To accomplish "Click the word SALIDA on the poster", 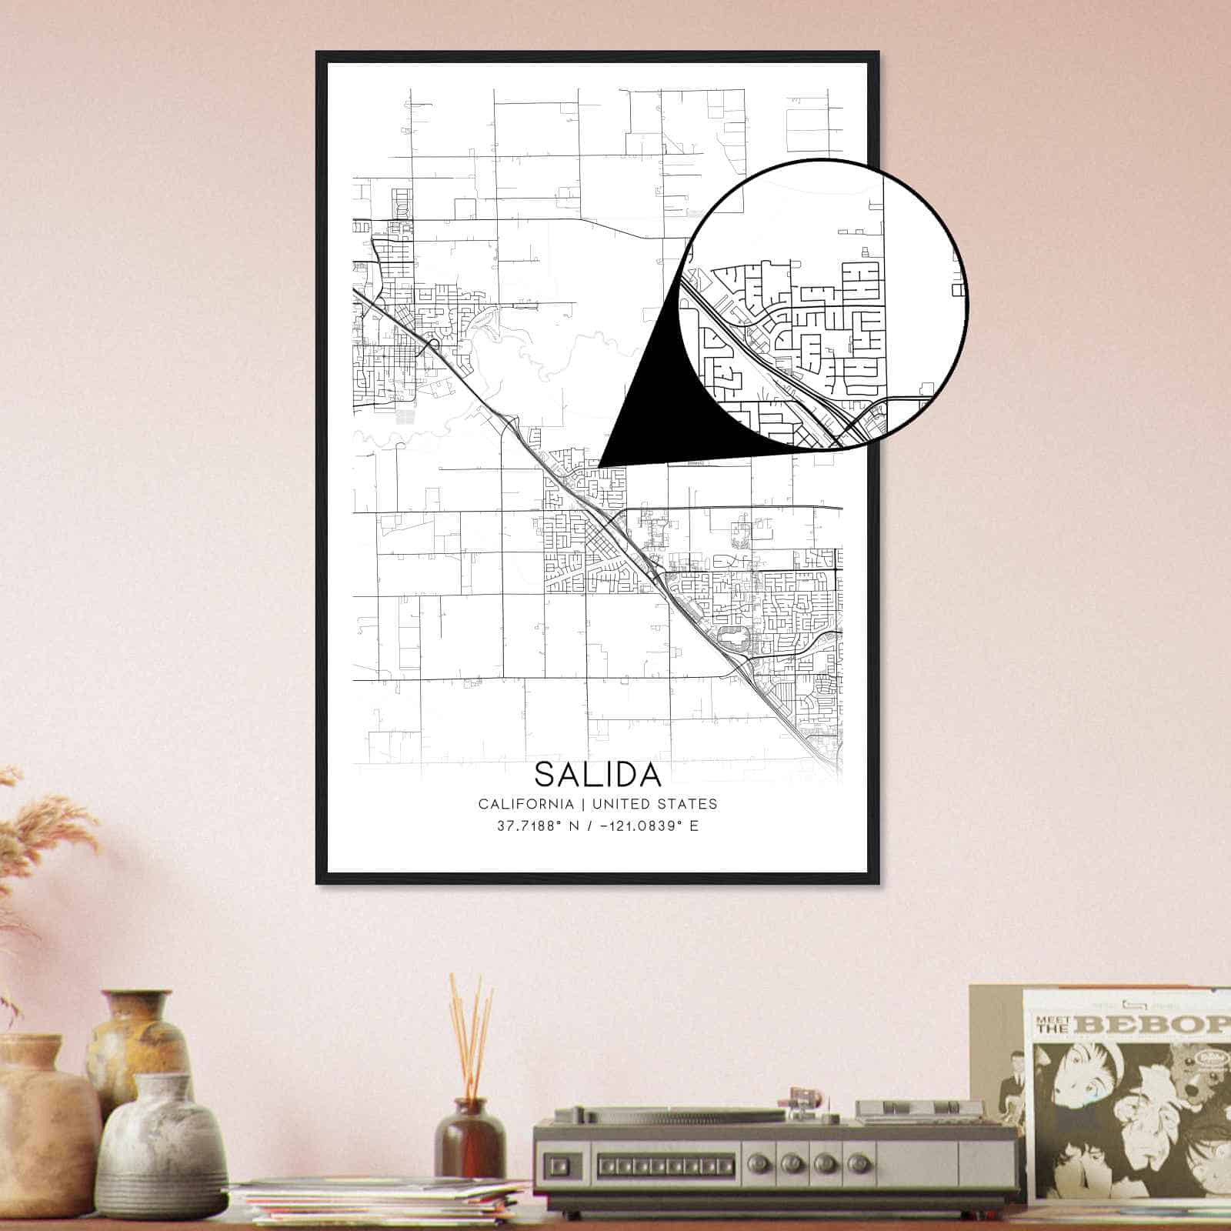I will tap(598, 774).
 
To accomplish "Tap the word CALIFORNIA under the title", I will tap(525, 804).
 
